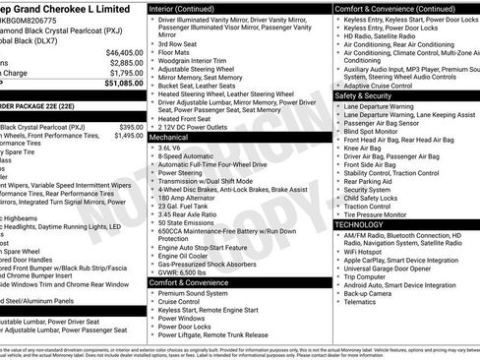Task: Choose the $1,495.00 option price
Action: click(x=128, y=137)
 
